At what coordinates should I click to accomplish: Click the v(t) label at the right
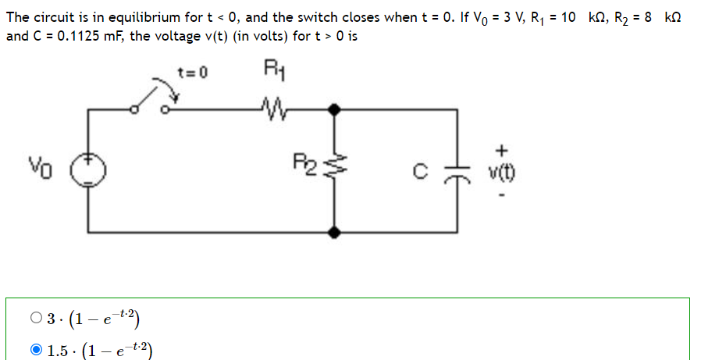(504, 170)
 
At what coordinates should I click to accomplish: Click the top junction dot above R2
(335, 110)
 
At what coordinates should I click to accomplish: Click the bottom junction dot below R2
(335, 232)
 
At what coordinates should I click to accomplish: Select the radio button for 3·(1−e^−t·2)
(36, 318)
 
